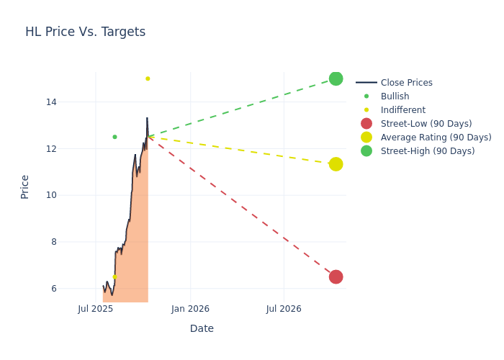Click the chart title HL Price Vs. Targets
(x=85, y=32)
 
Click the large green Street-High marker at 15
(x=336, y=78)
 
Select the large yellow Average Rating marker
(x=336, y=164)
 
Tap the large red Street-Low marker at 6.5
(x=336, y=277)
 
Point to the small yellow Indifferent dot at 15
(x=148, y=78)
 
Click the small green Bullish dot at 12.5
(x=114, y=137)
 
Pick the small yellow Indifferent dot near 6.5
(x=114, y=277)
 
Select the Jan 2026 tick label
(x=190, y=309)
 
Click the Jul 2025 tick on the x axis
(x=96, y=309)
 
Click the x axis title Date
(x=202, y=328)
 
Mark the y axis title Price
(x=25, y=186)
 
